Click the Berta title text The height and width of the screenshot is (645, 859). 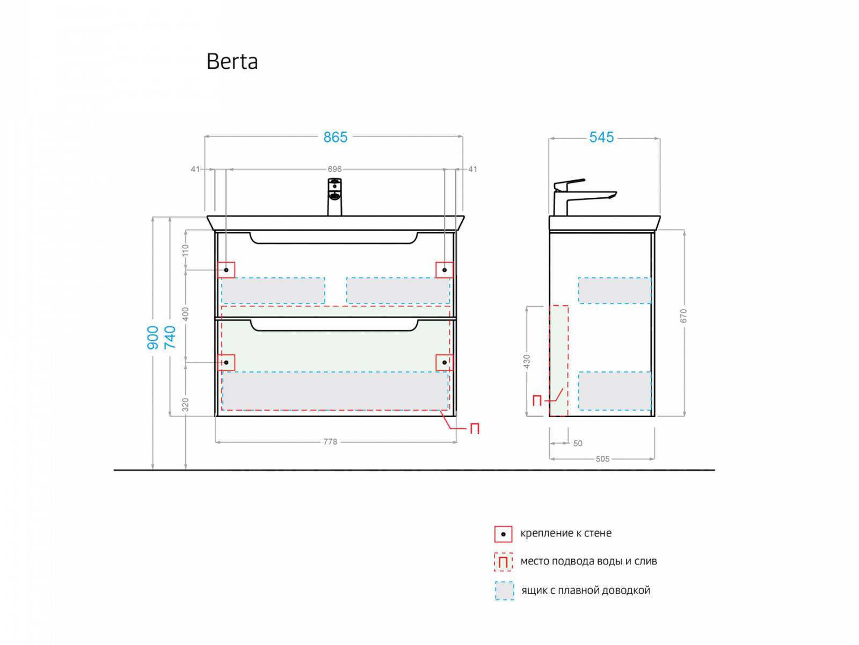(232, 62)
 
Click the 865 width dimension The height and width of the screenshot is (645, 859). (335, 138)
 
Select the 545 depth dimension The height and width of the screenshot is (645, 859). (601, 138)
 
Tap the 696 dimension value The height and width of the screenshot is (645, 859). (334, 169)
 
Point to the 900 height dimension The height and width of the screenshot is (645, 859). (153, 338)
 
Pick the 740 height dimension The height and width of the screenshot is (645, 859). (170, 338)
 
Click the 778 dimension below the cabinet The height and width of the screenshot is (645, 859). (330, 442)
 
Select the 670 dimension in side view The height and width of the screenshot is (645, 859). (683, 316)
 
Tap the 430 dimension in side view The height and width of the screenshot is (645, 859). (527, 361)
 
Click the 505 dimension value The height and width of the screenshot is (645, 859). (602, 459)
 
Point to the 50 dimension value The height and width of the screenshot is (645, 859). (578, 443)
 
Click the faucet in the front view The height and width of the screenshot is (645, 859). (334, 197)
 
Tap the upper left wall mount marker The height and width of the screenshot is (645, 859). (227, 270)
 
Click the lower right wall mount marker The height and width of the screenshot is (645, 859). (445, 363)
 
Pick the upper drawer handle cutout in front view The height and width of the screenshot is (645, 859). (333, 238)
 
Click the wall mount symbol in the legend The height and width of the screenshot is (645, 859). (503, 534)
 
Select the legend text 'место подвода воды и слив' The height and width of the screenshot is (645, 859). (588, 562)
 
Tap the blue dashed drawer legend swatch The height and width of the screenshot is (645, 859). (504, 591)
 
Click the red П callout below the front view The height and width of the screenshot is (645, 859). (475, 429)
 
